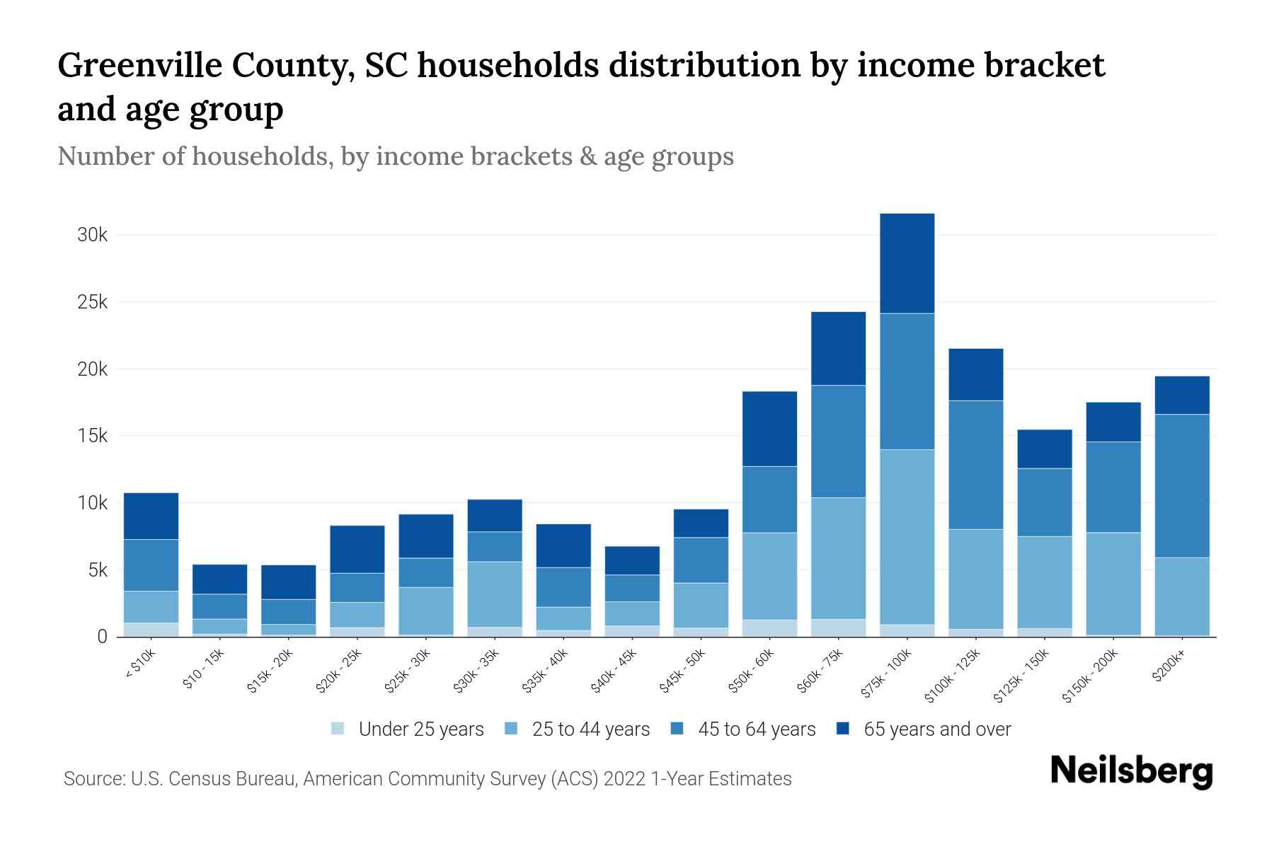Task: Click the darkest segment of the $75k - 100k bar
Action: (x=907, y=263)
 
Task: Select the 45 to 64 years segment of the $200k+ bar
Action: (x=1181, y=486)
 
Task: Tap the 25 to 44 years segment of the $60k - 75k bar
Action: (x=838, y=558)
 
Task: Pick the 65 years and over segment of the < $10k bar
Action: (x=151, y=516)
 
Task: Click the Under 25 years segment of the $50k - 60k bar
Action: (x=769, y=628)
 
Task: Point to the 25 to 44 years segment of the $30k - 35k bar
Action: (x=495, y=594)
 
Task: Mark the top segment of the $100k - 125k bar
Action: (x=975, y=374)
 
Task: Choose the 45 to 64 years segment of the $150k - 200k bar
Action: (x=1113, y=487)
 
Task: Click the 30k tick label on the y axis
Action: (x=92, y=235)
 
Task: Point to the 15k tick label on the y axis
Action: (x=92, y=436)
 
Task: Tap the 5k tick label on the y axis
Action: (x=96, y=570)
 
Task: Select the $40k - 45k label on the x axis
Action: (x=616, y=671)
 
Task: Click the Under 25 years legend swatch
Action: (x=338, y=729)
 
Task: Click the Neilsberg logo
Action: (x=1131, y=771)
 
